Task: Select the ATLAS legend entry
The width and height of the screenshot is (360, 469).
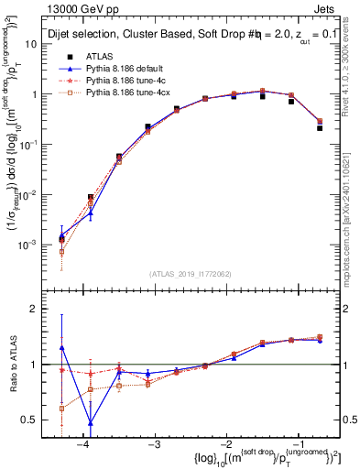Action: (100, 55)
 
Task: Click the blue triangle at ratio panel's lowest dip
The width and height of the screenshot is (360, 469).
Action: (90, 423)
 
